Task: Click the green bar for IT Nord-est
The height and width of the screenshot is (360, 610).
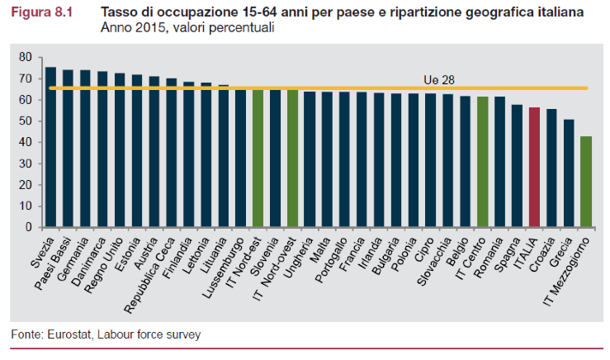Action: (x=258, y=158)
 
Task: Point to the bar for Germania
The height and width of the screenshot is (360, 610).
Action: (x=85, y=149)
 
